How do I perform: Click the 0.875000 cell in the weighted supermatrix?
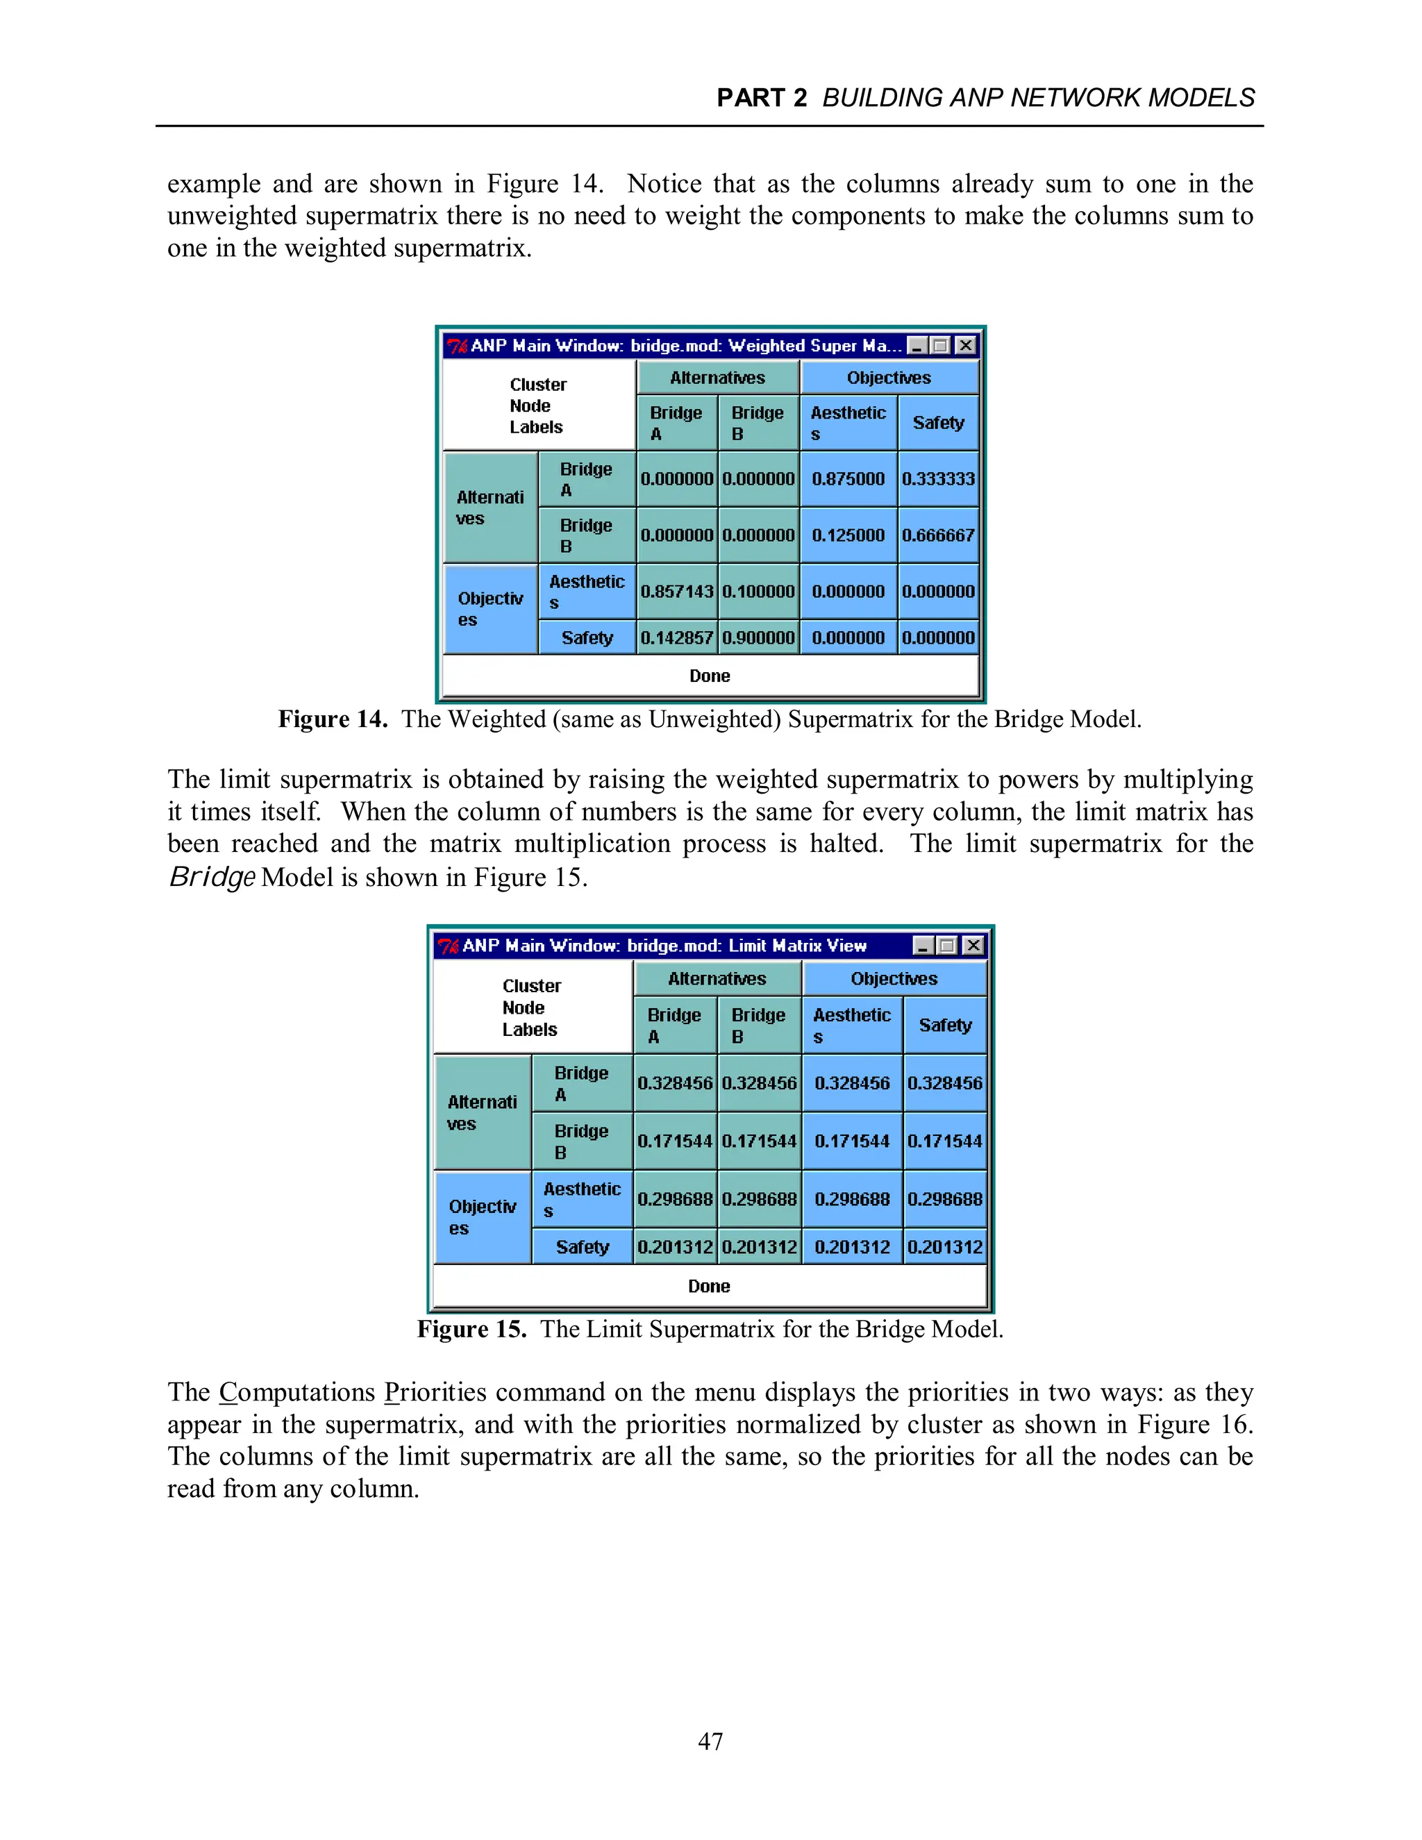coord(848,478)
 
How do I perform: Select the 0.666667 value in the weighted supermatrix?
coord(937,535)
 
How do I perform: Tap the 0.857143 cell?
coord(676,592)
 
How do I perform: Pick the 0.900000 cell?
coord(758,638)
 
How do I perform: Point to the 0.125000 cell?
coord(848,535)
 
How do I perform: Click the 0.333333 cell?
coord(937,478)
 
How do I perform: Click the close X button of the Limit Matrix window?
coord(973,945)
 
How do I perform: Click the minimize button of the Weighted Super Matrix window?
coord(917,345)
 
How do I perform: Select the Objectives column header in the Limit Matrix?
coord(894,979)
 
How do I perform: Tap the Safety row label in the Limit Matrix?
coord(582,1247)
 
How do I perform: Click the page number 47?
coord(710,1741)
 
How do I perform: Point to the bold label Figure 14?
coord(333,719)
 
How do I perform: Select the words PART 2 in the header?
coord(762,98)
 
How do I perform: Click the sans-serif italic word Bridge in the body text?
coord(212,877)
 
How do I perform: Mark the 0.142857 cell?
coord(676,638)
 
